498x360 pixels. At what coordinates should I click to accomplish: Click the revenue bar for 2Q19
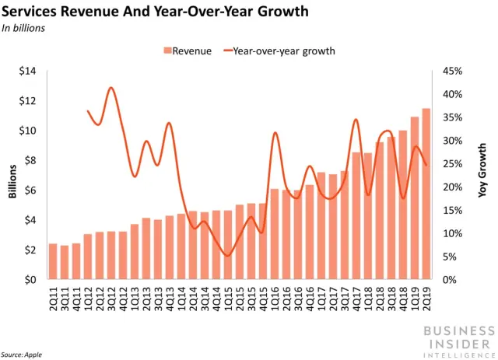[x=426, y=194]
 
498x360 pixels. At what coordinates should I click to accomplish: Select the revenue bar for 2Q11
[x=53, y=262]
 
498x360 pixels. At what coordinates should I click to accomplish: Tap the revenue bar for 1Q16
[x=275, y=234]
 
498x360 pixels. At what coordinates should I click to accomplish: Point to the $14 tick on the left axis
[x=28, y=72]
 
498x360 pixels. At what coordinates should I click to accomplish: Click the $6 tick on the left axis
[x=30, y=190]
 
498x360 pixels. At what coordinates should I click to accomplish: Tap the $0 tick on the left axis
[x=30, y=280]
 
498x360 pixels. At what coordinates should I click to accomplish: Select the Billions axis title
[x=12, y=176]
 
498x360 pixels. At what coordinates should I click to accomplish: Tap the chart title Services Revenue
[x=155, y=12]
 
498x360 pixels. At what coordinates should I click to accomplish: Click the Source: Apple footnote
[x=22, y=354]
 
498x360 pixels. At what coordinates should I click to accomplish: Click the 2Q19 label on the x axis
[x=426, y=298]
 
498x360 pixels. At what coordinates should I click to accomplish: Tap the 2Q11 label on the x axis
[x=53, y=298]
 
